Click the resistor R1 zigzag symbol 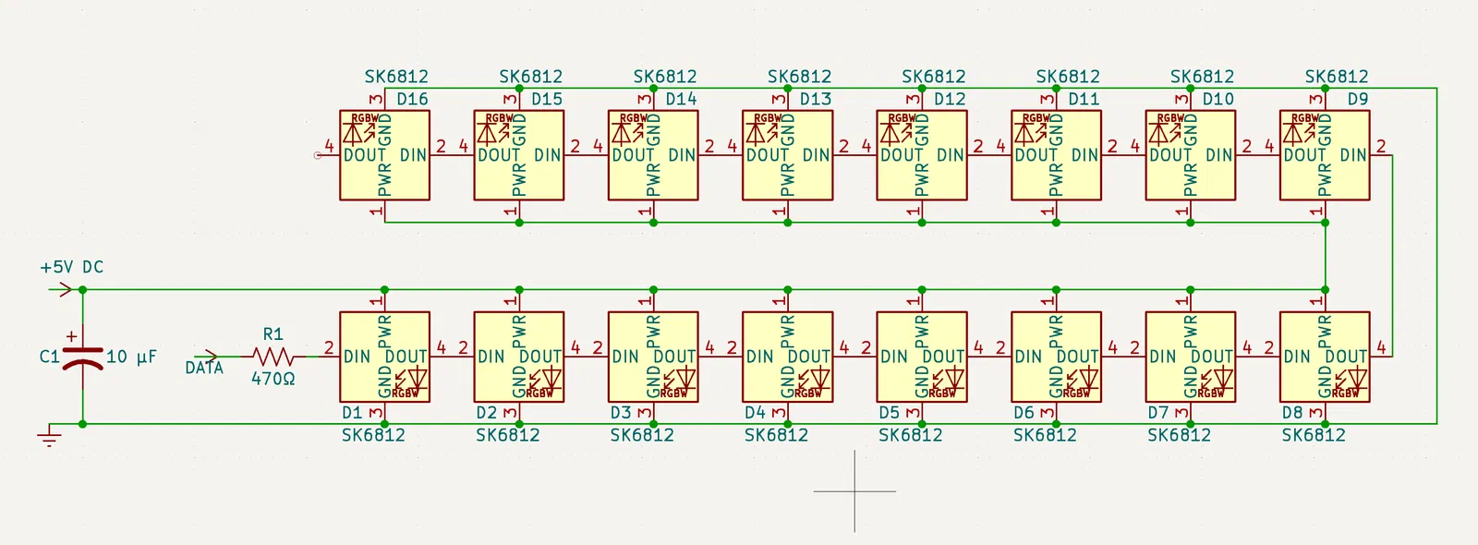point(273,356)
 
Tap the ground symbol point(50,436)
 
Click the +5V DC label point(71,267)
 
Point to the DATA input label point(204,368)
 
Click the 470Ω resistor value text point(273,379)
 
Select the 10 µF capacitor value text point(131,357)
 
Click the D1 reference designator point(352,413)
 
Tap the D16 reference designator point(412,99)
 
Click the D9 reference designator point(1357,99)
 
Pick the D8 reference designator point(1291,413)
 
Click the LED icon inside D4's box point(814,379)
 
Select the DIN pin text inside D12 point(951,155)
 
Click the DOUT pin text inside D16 point(365,155)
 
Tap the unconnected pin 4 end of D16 point(318,155)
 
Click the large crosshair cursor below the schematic point(854,490)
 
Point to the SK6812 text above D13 point(799,77)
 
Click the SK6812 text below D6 point(1045,435)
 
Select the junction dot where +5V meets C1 point(82,290)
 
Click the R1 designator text point(273,334)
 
